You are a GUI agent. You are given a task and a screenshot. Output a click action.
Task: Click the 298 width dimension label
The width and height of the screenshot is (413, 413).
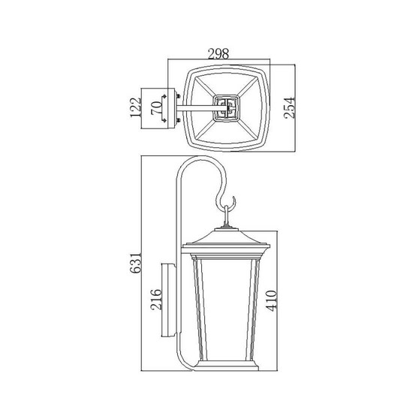tap(219, 54)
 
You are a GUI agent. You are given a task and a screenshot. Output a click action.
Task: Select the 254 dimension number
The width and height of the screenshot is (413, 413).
tap(289, 107)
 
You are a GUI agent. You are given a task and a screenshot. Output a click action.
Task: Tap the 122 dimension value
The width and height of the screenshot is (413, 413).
tap(136, 107)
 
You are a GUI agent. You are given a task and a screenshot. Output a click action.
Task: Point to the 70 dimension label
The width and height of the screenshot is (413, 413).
tap(156, 108)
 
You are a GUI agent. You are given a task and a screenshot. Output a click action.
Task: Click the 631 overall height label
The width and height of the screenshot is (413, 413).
tap(136, 263)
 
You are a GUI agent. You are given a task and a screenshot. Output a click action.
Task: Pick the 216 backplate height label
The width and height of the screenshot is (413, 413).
tap(155, 300)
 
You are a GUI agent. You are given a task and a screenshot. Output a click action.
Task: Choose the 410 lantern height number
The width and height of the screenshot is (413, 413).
tap(271, 301)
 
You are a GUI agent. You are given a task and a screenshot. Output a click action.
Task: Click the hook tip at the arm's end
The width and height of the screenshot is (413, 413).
tap(233, 197)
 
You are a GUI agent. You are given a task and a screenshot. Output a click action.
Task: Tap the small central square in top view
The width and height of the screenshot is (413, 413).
tap(226, 108)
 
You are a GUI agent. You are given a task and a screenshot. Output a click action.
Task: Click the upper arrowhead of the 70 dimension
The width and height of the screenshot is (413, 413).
tap(164, 96)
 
